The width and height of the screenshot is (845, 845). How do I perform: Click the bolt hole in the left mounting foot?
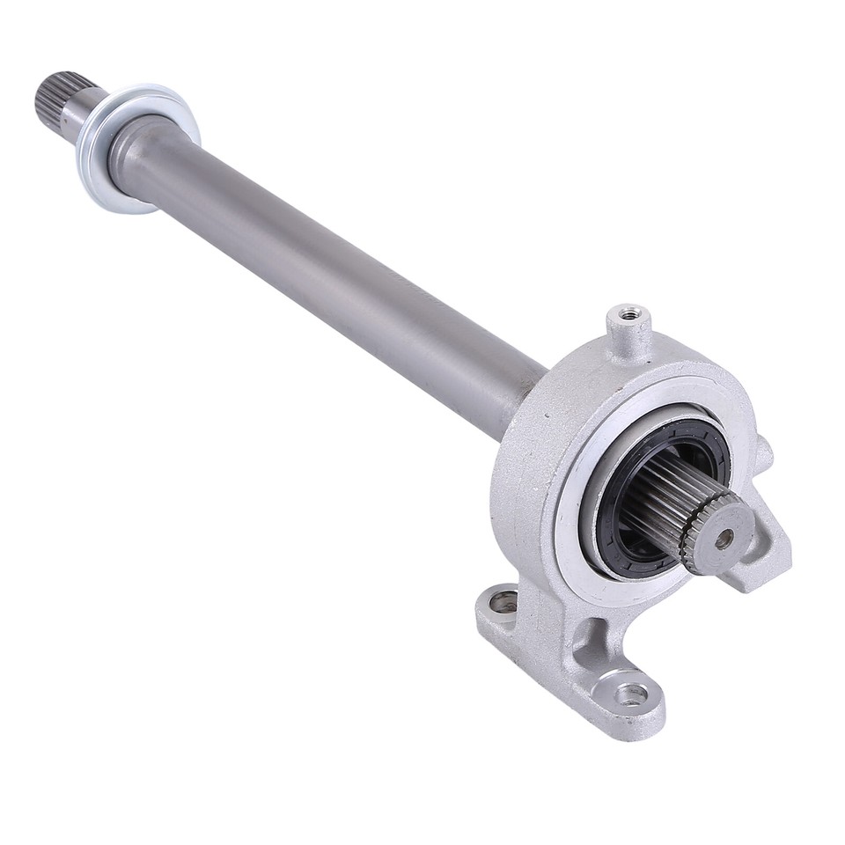pyautogui.click(x=503, y=602)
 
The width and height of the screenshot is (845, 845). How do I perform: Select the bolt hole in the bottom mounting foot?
pyautogui.click(x=631, y=694)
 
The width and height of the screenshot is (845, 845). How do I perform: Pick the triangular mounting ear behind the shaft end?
pyautogui.click(x=762, y=555)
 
